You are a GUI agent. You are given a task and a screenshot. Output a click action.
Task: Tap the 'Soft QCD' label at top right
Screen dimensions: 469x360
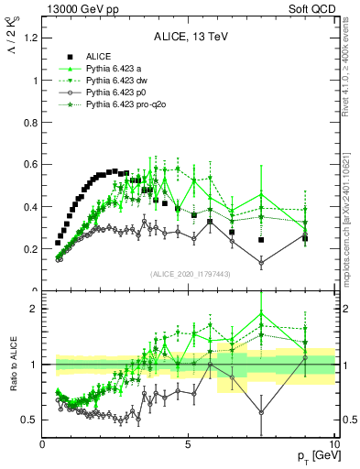(x=311, y=7)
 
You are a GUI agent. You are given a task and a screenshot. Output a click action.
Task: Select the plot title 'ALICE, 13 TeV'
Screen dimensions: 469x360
(x=188, y=37)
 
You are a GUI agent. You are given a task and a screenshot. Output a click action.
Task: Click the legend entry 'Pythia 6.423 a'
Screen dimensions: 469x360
(x=117, y=68)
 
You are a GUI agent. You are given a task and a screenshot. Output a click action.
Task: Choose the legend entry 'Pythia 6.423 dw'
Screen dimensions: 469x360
(x=120, y=81)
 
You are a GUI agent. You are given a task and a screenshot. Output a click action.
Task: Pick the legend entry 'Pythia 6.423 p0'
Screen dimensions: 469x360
(x=119, y=93)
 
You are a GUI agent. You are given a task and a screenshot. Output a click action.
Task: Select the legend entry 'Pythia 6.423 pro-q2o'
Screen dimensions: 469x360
(x=129, y=106)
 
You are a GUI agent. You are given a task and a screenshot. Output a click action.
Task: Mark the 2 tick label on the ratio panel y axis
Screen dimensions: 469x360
(x=32, y=309)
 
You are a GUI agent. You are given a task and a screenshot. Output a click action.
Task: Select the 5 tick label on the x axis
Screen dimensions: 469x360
(x=188, y=444)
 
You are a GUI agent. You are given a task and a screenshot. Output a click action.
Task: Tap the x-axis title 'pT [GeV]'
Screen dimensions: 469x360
(x=312, y=457)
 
